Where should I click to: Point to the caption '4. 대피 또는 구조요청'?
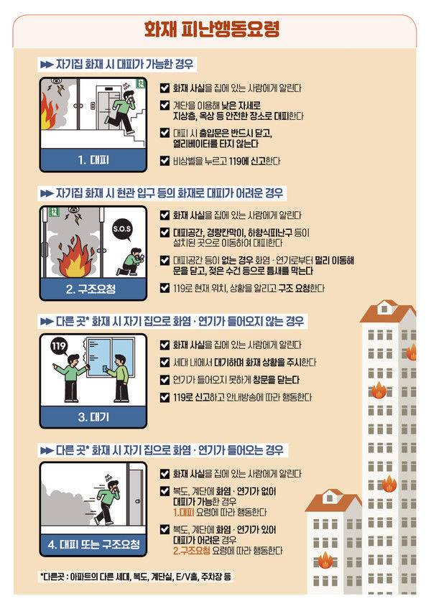click(93, 545)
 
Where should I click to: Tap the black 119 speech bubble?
click(59, 349)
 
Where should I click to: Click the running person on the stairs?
click(124, 113)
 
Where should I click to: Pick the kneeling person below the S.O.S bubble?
click(131, 261)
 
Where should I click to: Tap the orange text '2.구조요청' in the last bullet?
click(192, 551)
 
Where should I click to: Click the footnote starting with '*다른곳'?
click(136, 577)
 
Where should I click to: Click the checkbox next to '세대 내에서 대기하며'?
click(164, 362)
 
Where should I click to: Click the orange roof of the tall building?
click(388, 314)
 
